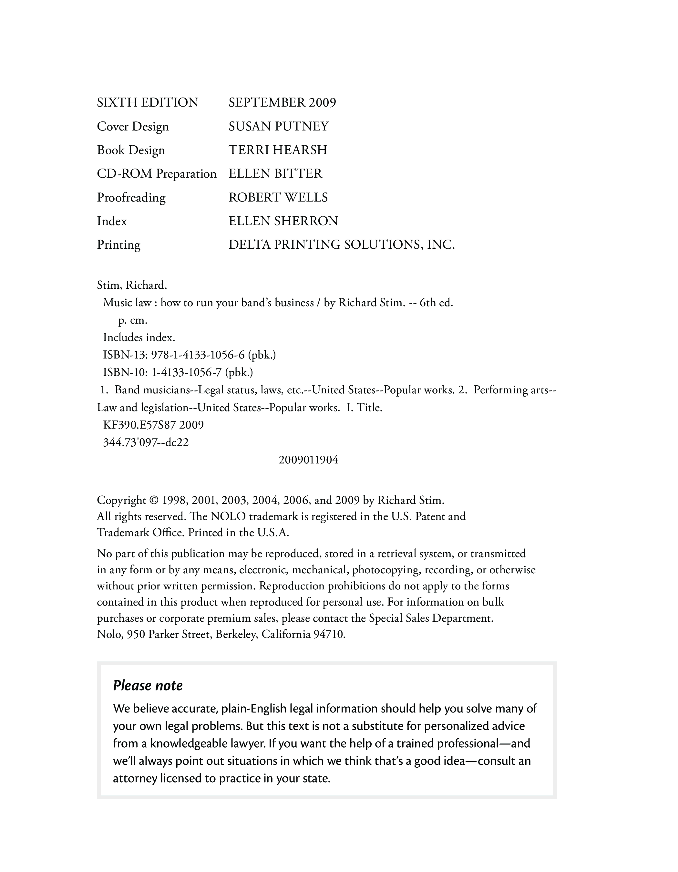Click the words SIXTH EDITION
click(147, 103)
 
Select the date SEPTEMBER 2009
click(282, 103)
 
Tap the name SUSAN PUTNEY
click(278, 126)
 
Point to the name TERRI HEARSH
click(277, 150)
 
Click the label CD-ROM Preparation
click(157, 174)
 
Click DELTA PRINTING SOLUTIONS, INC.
click(341, 244)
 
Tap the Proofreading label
click(131, 197)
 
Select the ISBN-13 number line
click(189, 355)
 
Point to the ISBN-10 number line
click(178, 372)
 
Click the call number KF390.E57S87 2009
click(153, 425)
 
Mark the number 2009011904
click(308, 460)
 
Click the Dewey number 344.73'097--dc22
click(146, 442)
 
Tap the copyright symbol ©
click(154, 500)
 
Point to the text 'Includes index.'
click(139, 338)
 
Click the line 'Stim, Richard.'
click(132, 285)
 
